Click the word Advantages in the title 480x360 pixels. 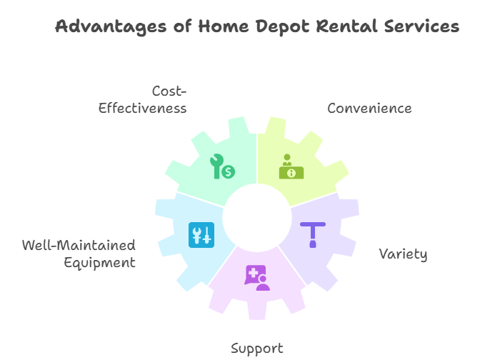click(111, 27)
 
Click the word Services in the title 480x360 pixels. click(421, 26)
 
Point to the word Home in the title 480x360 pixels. click(224, 26)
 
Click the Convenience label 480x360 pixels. click(369, 109)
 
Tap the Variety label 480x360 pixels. click(403, 254)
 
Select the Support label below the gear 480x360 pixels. click(257, 349)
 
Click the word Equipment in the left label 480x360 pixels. click(99, 263)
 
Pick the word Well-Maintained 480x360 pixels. click(79, 246)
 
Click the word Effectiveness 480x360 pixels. click(142, 109)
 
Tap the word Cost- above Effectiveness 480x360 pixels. click(169, 91)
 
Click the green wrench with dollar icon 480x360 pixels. click(222, 166)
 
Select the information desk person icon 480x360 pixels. click(291, 166)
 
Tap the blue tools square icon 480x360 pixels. click(201, 235)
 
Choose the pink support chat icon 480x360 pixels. click(257, 278)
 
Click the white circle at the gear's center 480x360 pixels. click(257, 218)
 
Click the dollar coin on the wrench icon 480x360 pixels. click(229, 171)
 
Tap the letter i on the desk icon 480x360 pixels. click(291, 174)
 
